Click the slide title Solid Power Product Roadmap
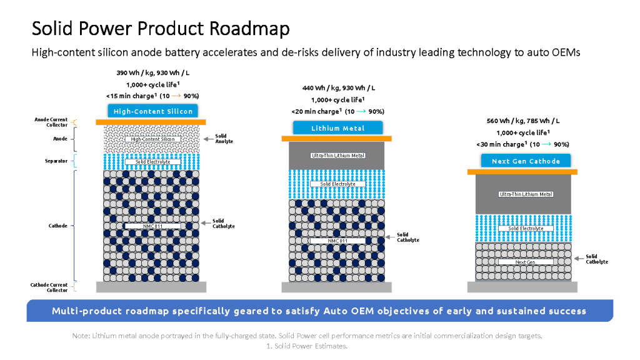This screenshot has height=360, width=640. (161, 28)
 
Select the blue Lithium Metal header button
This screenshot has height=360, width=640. (337, 128)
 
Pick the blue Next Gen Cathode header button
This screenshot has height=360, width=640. (526, 161)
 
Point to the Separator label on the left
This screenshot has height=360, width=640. (55, 161)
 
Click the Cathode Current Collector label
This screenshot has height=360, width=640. (49, 287)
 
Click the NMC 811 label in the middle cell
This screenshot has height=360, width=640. (337, 240)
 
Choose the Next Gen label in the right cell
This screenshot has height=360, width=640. (526, 262)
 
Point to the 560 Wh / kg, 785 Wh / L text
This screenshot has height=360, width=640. (524, 121)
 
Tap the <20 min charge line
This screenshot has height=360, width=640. (337, 111)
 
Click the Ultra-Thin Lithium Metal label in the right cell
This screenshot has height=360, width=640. (526, 194)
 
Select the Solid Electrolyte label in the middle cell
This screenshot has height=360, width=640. (337, 184)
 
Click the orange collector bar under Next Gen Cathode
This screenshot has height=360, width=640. (522, 171)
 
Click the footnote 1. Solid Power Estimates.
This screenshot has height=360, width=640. (306, 346)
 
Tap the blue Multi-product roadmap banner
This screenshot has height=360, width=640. (319, 311)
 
